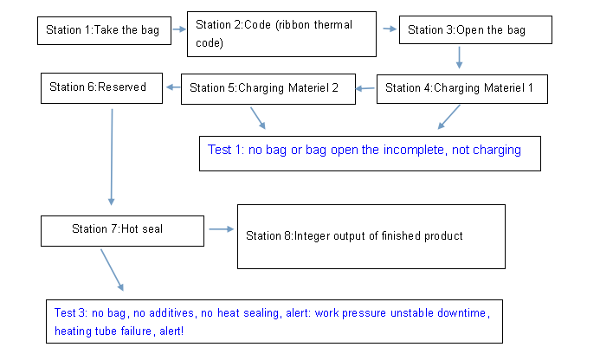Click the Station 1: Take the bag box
(x=104, y=30)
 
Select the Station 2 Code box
(x=281, y=34)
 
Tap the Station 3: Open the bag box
(x=475, y=29)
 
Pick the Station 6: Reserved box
(x=102, y=88)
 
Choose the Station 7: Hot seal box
(x=122, y=231)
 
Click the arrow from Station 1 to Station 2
(x=179, y=29)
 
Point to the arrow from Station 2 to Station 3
(x=390, y=29)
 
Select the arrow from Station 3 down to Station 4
(x=459, y=58)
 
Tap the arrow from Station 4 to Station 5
(x=365, y=89)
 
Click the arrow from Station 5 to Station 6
(x=173, y=87)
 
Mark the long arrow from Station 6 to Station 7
(x=112, y=157)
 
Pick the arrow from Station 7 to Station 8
(x=221, y=229)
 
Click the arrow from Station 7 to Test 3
(x=112, y=270)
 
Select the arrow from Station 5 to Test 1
(x=258, y=119)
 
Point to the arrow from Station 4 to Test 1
(x=448, y=117)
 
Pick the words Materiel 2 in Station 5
(x=313, y=88)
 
